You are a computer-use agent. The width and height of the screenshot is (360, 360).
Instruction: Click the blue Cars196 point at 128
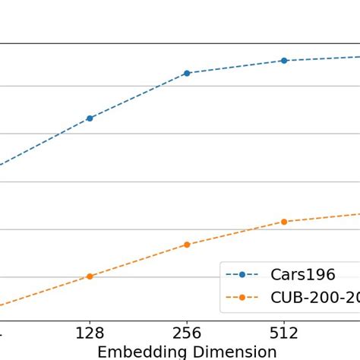coord(90,118)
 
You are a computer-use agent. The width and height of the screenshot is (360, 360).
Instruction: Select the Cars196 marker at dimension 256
coord(187,73)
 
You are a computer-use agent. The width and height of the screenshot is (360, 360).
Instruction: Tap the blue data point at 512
coord(284,61)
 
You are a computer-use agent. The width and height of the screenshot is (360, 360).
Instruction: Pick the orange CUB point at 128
coord(90,276)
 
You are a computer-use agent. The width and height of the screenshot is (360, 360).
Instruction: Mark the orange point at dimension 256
coord(187,245)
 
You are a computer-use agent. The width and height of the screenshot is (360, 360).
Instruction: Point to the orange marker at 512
coord(284,222)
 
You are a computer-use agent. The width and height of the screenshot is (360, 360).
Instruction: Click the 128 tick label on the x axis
coord(90,333)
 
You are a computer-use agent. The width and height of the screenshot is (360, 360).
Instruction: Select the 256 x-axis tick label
coord(187,333)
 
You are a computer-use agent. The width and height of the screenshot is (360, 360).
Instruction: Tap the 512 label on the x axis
coord(284,333)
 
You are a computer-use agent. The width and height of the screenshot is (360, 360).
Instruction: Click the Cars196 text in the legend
coord(302,275)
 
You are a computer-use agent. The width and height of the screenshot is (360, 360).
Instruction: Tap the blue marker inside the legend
coord(242,275)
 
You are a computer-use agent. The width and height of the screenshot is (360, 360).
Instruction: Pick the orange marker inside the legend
coord(242,298)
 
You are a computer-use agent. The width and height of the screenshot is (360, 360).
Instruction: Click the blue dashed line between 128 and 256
coord(138,96)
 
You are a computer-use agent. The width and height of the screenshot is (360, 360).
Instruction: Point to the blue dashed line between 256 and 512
coord(235,67)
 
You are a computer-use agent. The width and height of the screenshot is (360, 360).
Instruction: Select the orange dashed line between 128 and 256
coord(138,261)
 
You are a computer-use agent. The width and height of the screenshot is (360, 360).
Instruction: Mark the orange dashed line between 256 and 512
coord(235,233)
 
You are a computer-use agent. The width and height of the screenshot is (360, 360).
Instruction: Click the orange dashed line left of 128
coord(46,292)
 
